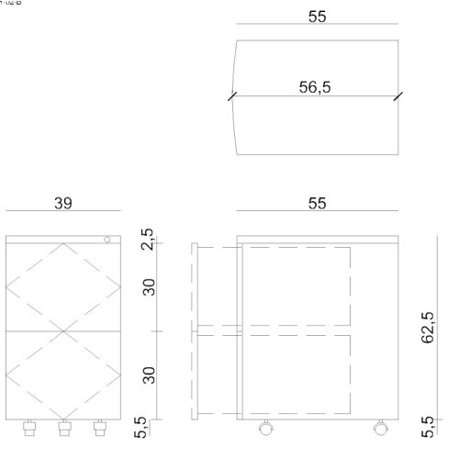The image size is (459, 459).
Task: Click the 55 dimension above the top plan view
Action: [x=317, y=17]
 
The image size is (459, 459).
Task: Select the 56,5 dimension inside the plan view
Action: [x=316, y=87]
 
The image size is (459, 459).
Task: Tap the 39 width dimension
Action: [x=62, y=203]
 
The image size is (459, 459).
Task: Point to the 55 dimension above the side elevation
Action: [x=317, y=203]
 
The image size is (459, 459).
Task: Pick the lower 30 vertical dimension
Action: [x=147, y=374]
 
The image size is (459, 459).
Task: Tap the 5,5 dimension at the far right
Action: [x=428, y=426]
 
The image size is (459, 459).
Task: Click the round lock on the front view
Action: [x=107, y=240]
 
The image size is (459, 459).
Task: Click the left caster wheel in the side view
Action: [x=265, y=427]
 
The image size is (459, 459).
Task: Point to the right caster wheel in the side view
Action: [x=379, y=427]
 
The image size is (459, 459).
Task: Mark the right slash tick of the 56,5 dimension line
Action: [x=397, y=95]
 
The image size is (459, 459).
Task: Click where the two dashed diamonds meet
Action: [x=63, y=330]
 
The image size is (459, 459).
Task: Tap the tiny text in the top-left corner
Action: [x=10, y=3]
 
